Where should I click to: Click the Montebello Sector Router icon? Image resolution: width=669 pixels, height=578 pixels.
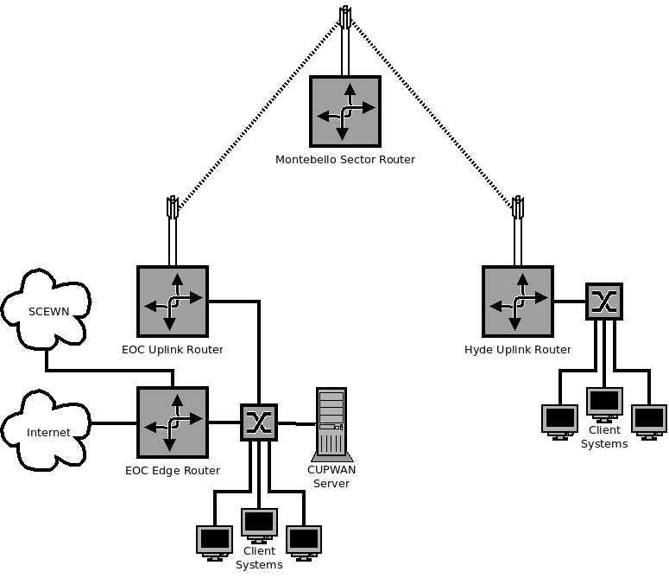coord(344,110)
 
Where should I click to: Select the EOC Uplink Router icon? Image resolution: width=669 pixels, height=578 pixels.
coord(173,301)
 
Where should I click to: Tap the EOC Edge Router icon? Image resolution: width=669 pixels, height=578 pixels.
coord(173,422)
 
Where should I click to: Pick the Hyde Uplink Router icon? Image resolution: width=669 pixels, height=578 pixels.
coord(518,301)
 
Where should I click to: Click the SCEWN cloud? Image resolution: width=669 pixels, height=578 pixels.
coord(47,310)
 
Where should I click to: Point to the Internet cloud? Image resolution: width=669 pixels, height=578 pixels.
coord(47,431)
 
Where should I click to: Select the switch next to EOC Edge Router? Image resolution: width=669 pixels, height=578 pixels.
coord(258,422)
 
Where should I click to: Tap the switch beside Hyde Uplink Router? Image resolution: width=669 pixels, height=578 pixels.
coord(603,302)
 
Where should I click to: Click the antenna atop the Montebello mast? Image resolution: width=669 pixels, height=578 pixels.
coord(344,17)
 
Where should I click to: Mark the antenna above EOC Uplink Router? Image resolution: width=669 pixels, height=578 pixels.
coord(172,207)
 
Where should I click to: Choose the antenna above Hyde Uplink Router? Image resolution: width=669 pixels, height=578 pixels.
coord(518,207)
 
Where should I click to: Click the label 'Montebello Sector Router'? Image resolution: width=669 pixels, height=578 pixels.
coord(344,160)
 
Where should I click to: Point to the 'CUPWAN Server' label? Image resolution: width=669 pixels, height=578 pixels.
coord(331,476)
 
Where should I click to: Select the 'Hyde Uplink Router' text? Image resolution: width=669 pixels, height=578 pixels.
coord(517,350)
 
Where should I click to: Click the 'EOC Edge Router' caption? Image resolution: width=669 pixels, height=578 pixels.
coord(173,471)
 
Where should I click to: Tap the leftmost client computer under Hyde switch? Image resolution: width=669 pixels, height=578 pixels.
coord(559,420)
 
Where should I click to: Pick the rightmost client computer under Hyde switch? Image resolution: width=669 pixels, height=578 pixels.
coord(649,420)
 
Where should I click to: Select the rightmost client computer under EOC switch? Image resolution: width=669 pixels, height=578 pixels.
coord(304,541)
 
